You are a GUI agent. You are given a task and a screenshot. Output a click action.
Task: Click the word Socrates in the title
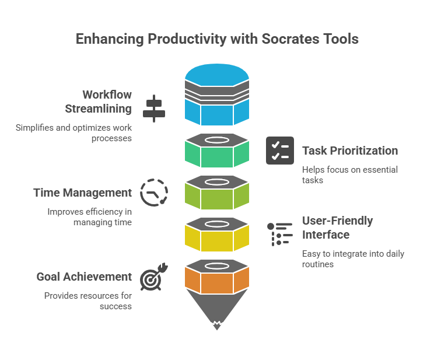click(290, 39)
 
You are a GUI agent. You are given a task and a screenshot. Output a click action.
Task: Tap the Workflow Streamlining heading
click(99, 102)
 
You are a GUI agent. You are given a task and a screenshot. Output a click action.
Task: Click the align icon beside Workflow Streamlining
click(154, 109)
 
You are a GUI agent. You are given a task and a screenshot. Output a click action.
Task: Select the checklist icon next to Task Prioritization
click(280, 151)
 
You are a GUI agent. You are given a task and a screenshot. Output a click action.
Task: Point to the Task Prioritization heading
click(350, 151)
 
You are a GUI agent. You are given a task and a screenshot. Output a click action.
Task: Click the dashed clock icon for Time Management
click(154, 193)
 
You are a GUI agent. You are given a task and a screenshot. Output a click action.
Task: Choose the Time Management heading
click(82, 193)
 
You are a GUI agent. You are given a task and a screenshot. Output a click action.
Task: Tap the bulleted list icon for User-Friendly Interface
click(280, 234)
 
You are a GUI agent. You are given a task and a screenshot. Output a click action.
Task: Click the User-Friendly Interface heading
click(337, 228)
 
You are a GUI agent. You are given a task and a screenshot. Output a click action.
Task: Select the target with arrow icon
click(154, 277)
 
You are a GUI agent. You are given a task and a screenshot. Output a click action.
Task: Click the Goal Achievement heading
click(84, 277)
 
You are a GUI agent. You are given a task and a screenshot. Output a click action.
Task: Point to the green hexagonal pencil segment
click(217, 156)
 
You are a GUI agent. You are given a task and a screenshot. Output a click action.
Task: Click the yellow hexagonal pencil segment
click(217, 241)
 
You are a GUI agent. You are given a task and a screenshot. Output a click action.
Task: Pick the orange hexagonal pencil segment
click(217, 282)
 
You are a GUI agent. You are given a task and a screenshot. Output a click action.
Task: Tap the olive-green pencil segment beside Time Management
click(217, 199)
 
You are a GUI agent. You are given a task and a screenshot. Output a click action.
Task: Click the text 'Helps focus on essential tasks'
click(350, 175)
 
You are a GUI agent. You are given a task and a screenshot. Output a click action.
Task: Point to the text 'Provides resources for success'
click(88, 301)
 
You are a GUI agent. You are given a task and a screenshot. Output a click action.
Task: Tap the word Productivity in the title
click(187, 39)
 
